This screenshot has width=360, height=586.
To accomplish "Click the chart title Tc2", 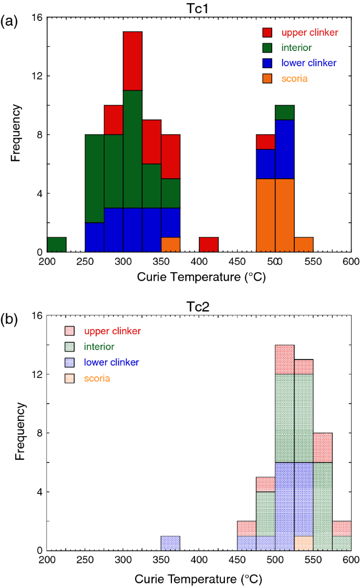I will pyautogui.click(x=199, y=306).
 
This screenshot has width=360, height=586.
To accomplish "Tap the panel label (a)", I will pyautogui.click(x=11, y=22).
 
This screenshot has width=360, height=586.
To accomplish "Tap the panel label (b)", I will pyautogui.click(x=11, y=320).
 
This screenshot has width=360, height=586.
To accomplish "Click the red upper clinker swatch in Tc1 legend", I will pyautogui.click(x=268, y=33).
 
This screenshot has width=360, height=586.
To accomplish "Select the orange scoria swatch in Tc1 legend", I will pyautogui.click(x=268, y=79).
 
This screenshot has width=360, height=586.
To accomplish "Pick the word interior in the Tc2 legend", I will pyautogui.click(x=99, y=346).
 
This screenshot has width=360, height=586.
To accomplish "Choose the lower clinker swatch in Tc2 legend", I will pyautogui.click(x=70, y=362).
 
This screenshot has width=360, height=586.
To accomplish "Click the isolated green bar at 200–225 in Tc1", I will pyautogui.click(x=57, y=244).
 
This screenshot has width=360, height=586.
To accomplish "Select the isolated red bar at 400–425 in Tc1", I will pyautogui.click(x=209, y=244).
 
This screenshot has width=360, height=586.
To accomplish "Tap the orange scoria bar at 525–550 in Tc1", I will pyautogui.click(x=304, y=244).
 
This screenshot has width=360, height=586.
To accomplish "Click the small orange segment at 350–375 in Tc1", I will pyautogui.click(x=171, y=244).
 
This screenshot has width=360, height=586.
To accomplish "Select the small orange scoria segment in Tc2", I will pyautogui.click(x=304, y=543).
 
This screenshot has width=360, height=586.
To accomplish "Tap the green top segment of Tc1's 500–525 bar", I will pyautogui.click(x=285, y=112).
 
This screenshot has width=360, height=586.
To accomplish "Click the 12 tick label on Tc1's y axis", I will pyautogui.click(x=37, y=76).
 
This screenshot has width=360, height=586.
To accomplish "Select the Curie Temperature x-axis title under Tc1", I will pyautogui.click(x=199, y=277).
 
